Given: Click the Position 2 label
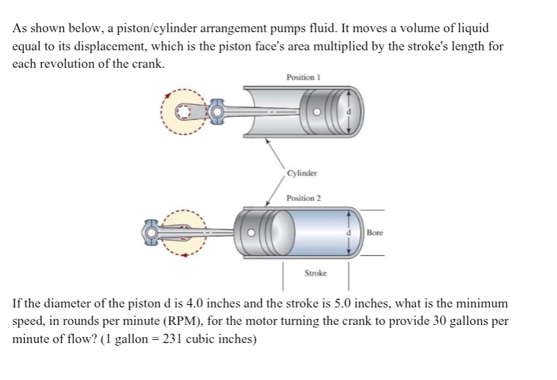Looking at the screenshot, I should [x=303, y=198].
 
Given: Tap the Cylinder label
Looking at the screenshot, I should [x=301, y=173].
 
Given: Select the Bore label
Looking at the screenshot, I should [x=375, y=233].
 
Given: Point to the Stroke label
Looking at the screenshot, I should [x=315, y=274].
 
